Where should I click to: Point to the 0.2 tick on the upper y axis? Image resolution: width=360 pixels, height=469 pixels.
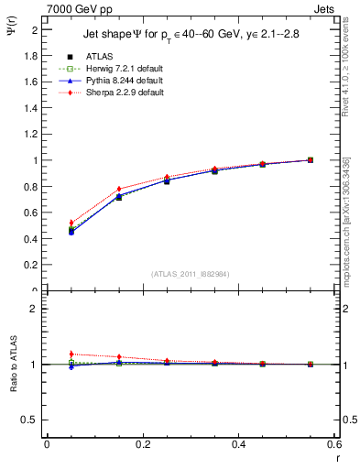tap(33, 266)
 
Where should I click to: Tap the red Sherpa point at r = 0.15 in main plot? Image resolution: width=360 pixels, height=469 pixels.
tap(118, 190)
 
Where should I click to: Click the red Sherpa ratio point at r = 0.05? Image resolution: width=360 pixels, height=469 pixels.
tap(71, 354)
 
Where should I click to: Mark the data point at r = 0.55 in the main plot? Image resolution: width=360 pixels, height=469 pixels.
tap(310, 160)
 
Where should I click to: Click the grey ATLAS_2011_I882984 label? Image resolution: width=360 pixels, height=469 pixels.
tap(190, 274)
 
